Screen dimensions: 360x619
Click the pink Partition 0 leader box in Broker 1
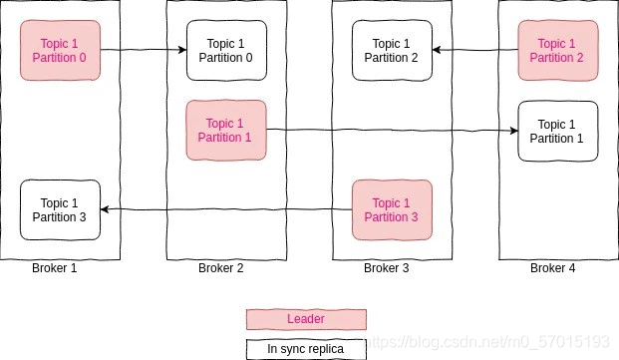pos(61,50)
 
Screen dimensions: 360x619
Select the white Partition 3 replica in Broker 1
pos(61,210)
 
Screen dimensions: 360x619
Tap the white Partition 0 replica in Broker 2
pos(226,50)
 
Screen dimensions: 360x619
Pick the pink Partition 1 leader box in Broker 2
pos(226,131)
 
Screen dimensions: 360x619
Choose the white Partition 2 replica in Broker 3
pos(392,50)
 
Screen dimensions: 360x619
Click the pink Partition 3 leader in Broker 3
pos(392,210)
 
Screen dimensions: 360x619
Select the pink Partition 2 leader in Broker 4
pos(557,50)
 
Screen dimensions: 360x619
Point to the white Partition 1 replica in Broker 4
pos(557,131)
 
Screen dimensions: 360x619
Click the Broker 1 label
pos(54,268)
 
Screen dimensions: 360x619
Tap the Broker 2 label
pos(220,268)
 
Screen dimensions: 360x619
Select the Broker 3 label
pos(386,268)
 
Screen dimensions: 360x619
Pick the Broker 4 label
pos(552,268)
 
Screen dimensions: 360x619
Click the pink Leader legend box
pos(307,319)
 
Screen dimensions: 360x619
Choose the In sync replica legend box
pos(307,348)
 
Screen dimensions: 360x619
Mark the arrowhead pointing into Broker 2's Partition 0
pos(181,50)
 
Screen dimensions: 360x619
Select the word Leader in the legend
pos(305,319)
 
